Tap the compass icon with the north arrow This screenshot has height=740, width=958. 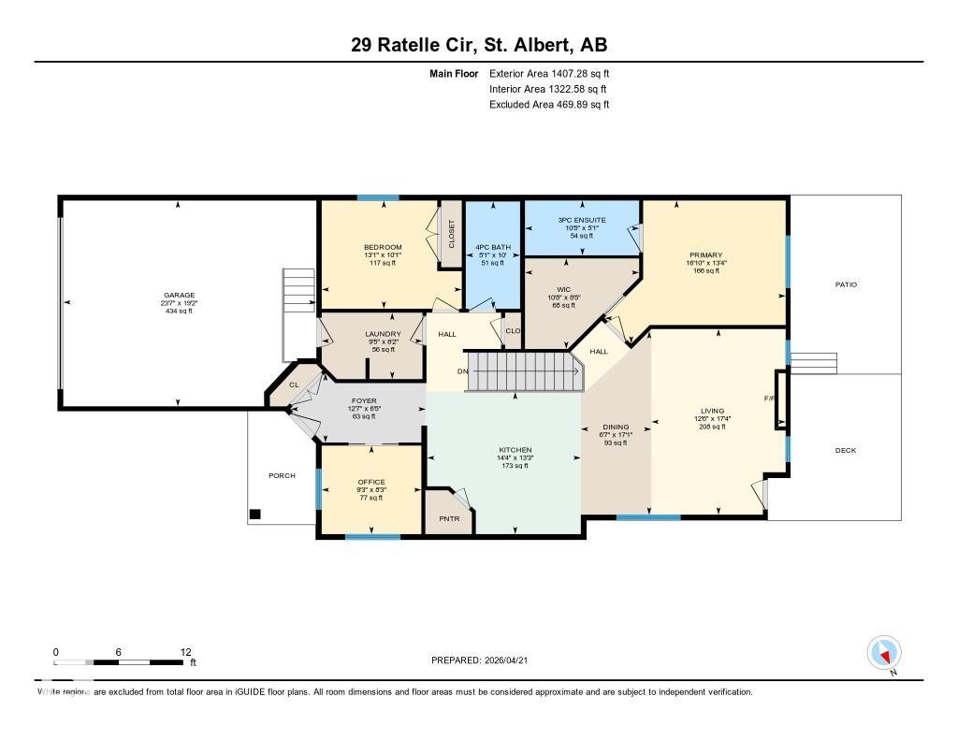[884, 652]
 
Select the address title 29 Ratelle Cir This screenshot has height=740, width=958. [478, 46]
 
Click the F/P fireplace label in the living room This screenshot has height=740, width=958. [770, 399]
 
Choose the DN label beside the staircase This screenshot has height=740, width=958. [461, 371]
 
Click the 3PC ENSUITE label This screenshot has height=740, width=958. [582, 220]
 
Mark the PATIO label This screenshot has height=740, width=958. [846, 284]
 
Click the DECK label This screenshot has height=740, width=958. [845, 450]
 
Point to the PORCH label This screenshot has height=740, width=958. [282, 475]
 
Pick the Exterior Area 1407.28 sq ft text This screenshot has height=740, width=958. [549, 73]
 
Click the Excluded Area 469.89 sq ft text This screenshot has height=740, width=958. [549, 105]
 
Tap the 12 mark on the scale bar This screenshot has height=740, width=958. [185, 651]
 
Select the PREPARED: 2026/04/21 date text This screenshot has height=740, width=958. [485, 660]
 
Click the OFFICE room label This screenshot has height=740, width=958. [371, 482]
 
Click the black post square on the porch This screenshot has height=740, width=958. [254, 514]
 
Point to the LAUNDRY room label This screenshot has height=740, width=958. [384, 334]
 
